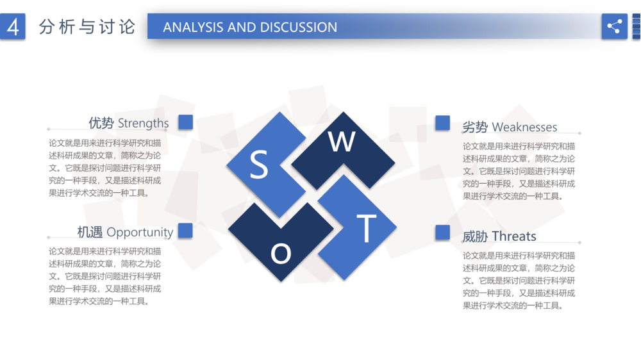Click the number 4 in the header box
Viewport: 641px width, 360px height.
click(13, 27)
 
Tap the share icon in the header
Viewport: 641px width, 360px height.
click(614, 26)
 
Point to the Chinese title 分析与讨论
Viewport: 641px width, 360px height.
click(87, 27)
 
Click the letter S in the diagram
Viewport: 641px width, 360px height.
click(259, 164)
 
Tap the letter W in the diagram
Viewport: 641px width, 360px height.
click(342, 142)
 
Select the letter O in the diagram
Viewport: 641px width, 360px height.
click(281, 254)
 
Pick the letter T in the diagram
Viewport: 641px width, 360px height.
click(366, 229)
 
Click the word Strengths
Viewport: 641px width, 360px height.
click(143, 123)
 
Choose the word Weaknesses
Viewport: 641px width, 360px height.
click(524, 127)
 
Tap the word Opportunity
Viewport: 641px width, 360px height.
click(140, 233)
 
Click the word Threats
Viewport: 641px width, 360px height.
click(514, 236)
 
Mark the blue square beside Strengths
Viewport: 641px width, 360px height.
click(186, 122)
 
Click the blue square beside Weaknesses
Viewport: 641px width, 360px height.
click(443, 122)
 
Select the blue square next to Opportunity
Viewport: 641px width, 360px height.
click(186, 231)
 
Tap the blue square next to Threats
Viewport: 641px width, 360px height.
click(443, 232)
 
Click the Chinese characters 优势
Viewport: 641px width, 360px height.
click(101, 123)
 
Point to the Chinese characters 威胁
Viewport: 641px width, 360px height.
click(475, 236)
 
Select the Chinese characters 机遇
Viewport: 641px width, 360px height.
click(90, 232)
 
